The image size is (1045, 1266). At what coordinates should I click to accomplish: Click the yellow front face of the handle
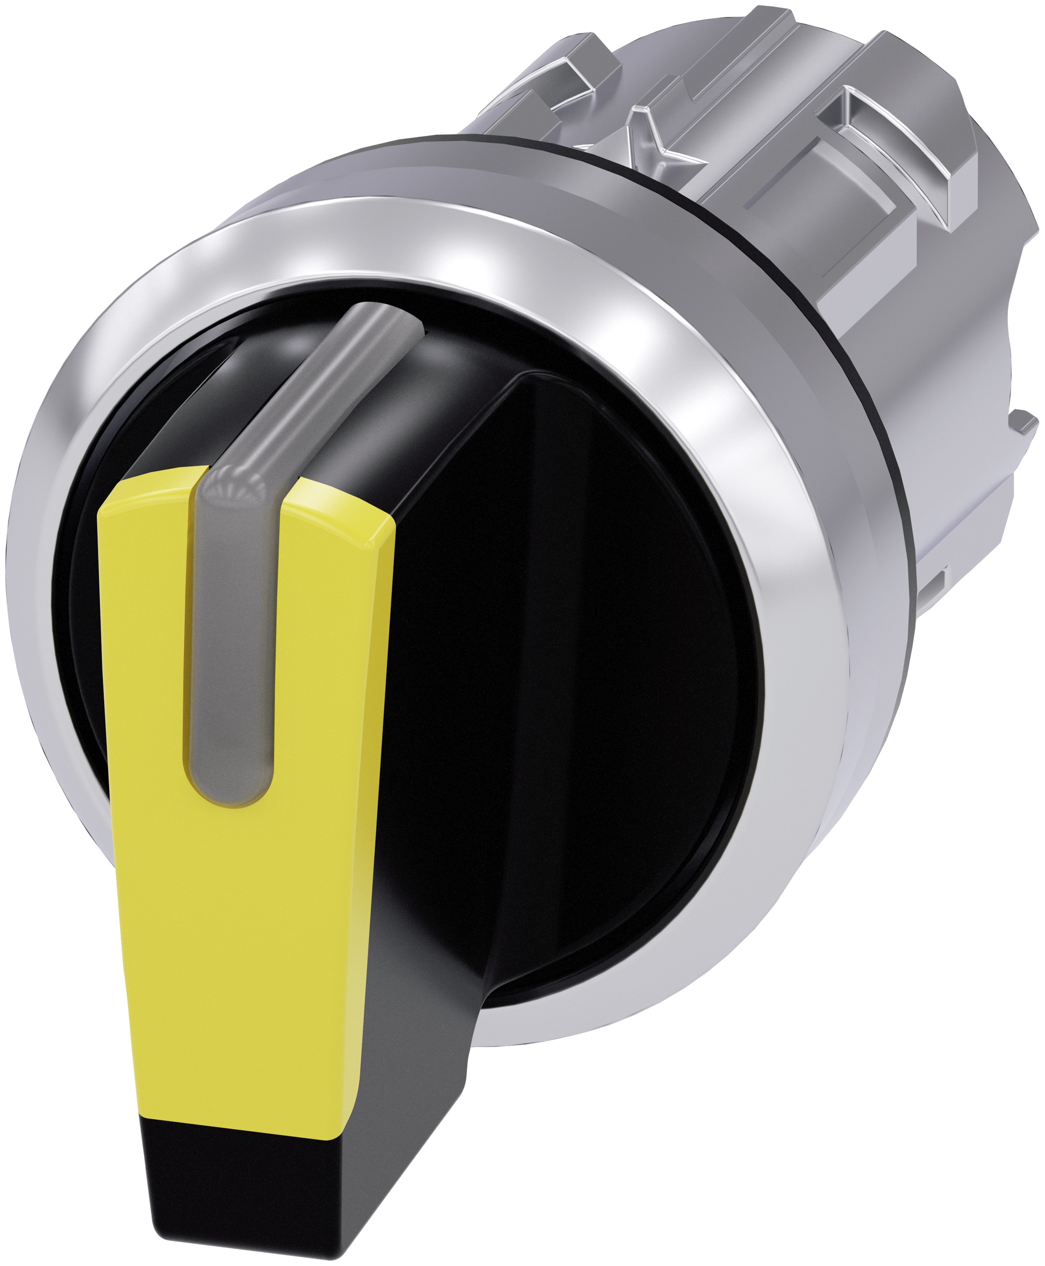(241, 904)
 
